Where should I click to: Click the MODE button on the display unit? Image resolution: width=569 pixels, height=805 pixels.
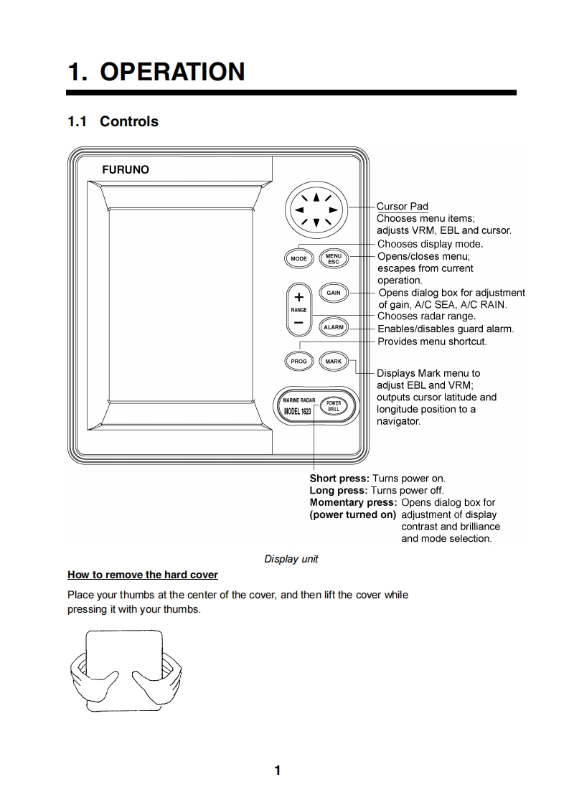pos(298,258)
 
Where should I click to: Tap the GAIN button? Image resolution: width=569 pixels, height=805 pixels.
pos(334,293)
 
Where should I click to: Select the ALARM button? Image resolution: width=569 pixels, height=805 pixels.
pos(334,327)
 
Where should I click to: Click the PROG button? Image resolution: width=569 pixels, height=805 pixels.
pos(298,362)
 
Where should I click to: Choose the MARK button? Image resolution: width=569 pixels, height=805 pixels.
pos(334,362)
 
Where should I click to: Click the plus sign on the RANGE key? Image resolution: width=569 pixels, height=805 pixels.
pos(298,297)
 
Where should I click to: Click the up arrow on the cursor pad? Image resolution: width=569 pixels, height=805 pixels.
pos(316,196)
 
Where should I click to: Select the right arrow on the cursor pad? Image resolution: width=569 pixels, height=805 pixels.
pos(333,210)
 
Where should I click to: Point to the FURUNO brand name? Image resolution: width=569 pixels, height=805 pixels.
pos(126,170)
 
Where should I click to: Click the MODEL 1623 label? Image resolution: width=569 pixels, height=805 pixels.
pos(297,411)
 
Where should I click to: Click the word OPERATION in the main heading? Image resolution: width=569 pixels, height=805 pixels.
pos(172,72)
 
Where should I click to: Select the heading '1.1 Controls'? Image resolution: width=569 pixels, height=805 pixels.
pos(113,121)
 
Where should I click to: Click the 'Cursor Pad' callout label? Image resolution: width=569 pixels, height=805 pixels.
pos(403,207)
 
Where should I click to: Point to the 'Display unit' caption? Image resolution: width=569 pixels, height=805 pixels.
pos(291,559)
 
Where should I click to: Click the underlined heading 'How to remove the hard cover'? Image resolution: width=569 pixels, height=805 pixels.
pos(143,575)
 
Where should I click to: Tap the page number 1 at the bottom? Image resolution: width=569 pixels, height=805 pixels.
pos(278,771)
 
